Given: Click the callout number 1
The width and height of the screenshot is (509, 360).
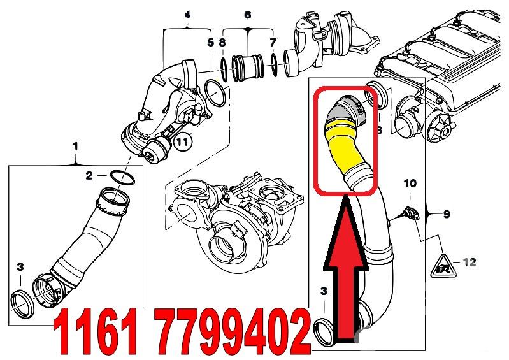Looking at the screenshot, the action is (x=75, y=147).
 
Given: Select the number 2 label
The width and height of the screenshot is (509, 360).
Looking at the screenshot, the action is (x=89, y=176).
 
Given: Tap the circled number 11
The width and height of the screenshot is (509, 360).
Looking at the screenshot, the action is (x=183, y=141).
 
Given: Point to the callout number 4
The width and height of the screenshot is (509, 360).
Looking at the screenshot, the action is (x=187, y=15).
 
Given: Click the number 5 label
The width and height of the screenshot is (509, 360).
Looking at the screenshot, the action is (x=211, y=42).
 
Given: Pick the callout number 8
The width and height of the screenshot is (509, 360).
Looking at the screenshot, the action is (x=222, y=42).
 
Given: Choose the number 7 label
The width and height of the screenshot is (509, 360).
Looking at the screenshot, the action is (x=273, y=42).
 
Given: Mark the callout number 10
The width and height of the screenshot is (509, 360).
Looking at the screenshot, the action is (x=410, y=184).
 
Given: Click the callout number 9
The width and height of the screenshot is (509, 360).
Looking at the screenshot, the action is (x=447, y=214).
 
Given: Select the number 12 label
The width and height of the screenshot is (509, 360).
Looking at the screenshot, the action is (x=469, y=262).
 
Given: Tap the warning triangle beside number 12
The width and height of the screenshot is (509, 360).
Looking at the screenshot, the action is (x=444, y=267).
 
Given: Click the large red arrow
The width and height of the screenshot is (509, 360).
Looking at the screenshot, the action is (x=346, y=273).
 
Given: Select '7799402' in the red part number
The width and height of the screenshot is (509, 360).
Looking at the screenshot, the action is (x=233, y=331).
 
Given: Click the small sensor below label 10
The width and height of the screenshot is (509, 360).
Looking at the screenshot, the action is (x=410, y=214).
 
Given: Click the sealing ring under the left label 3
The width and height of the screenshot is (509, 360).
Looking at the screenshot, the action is (x=22, y=305).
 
